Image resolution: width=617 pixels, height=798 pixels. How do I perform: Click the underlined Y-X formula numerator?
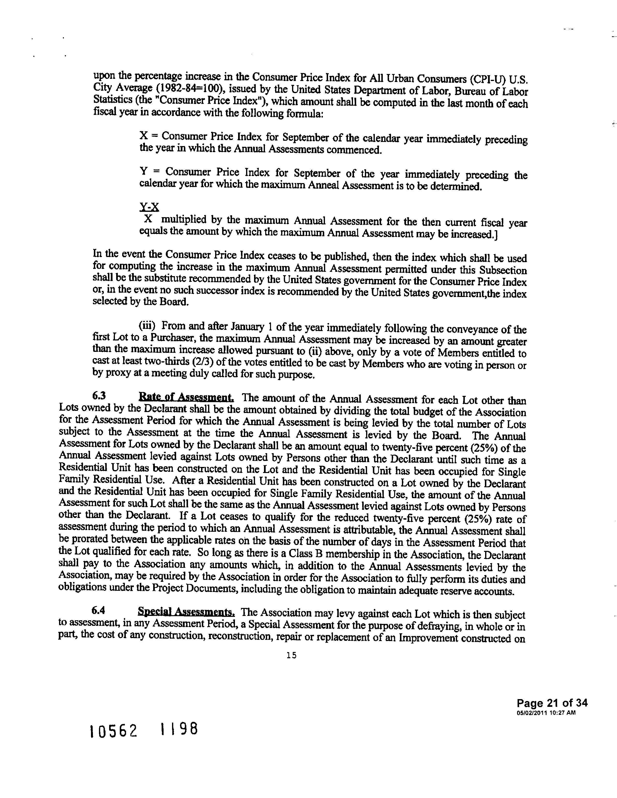pyautogui.click(x=149, y=207)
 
